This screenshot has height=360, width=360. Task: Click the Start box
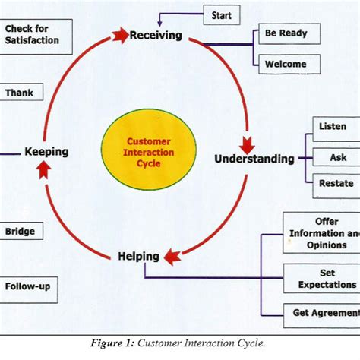[223, 14]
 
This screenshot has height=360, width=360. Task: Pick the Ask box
[338, 157]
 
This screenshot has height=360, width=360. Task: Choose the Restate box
[335, 183]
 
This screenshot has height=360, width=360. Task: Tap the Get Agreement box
[324, 312]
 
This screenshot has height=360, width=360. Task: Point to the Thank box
[21, 93]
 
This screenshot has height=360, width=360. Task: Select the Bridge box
[21, 231]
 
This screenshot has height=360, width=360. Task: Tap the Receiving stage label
[156, 35]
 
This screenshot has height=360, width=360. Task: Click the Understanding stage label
[254, 159]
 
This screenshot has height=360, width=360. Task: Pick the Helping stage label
[138, 256]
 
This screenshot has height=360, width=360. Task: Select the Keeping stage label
[46, 152]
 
